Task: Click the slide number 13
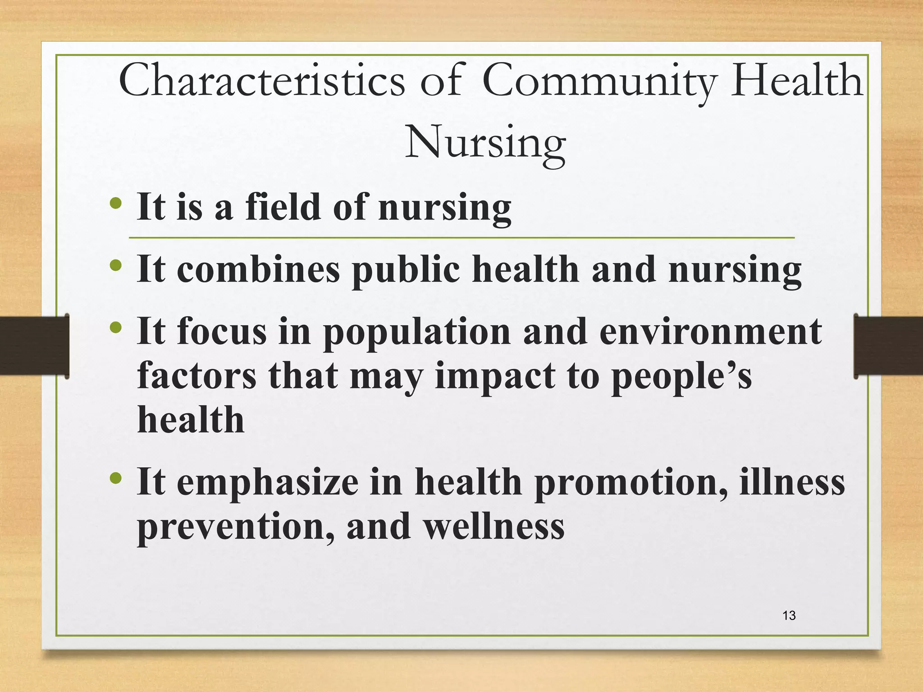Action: pos(789,615)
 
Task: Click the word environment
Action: pos(711,332)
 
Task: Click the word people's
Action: pos(681,376)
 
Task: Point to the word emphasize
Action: pos(268,482)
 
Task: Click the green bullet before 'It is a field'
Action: pos(116,203)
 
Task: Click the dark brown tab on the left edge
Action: pos(34,346)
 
